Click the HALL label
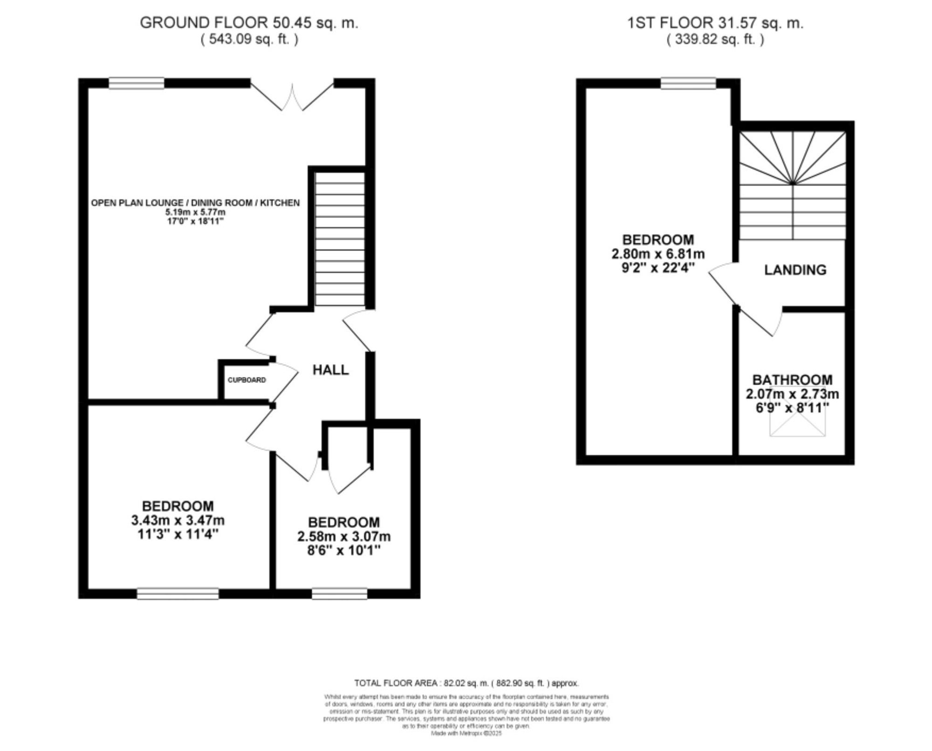tap(330, 370)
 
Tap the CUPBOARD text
tap(247, 380)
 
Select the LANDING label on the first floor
tap(795, 270)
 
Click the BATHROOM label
tap(792, 380)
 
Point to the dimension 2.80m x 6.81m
tap(658, 254)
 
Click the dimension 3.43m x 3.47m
tap(178, 520)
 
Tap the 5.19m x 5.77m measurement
tap(195, 212)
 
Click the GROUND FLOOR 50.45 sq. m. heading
tap(249, 23)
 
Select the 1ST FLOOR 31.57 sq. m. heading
tap(715, 23)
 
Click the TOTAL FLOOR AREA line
tap(466, 683)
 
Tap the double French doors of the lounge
tap(292, 96)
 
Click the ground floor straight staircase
tap(340, 238)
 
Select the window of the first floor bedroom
tap(688, 83)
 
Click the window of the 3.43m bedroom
tap(178, 593)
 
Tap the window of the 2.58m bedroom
tap(339, 593)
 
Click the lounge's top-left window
tap(137, 83)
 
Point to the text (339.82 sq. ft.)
tap(715, 39)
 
